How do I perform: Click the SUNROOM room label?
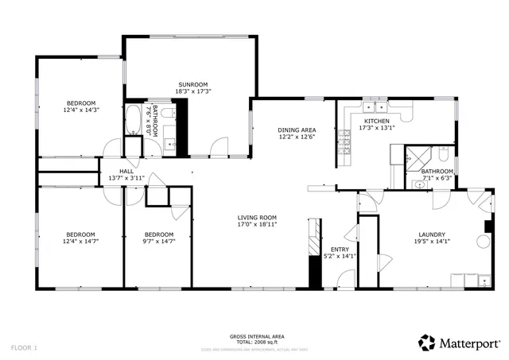pyautogui.click(x=193, y=84)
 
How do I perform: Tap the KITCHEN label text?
pyautogui.click(x=376, y=121)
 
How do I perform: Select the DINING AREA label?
pyautogui.click(x=297, y=130)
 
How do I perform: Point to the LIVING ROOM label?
pyautogui.click(x=257, y=218)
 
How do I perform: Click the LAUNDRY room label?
pyautogui.click(x=431, y=234)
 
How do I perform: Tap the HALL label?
pyautogui.click(x=126, y=171)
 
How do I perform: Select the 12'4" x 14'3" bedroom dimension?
pyautogui.click(x=81, y=110)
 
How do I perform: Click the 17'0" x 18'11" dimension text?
pyautogui.click(x=257, y=225)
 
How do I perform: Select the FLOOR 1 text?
pyautogui.click(x=24, y=347)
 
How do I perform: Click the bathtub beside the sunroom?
pyautogui.click(x=133, y=120)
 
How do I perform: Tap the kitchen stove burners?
pyautogui.click(x=344, y=145)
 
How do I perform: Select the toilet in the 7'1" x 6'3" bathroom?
pyautogui.click(x=419, y=184)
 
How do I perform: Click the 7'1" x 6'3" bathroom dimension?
pyautogui.click(x=437, y=178)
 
